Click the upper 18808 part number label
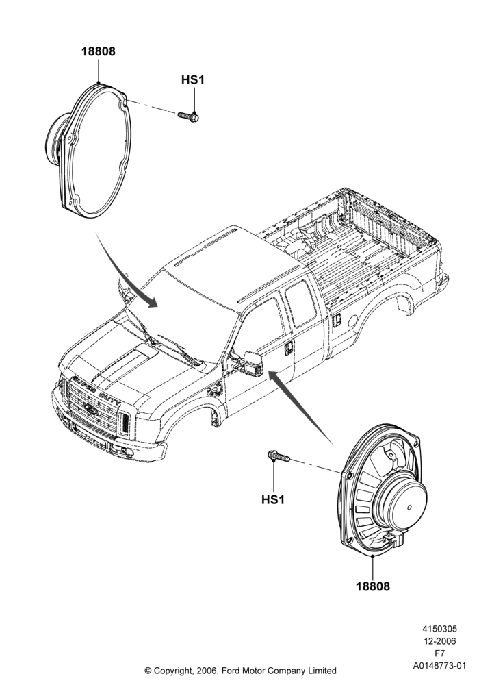click(99, 51)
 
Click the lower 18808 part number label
click(373, 586)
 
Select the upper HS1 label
click(193, 80)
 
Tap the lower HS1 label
click(273, 499)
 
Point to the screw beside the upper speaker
click(188, 116)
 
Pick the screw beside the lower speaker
click(279, 456)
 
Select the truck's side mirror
click(252, 362)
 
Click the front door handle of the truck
click(288, 348)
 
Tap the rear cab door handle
click(337, 321)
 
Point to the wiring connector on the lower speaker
click(393, 540)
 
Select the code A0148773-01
click(439, 666)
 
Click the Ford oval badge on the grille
click(91, 410)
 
